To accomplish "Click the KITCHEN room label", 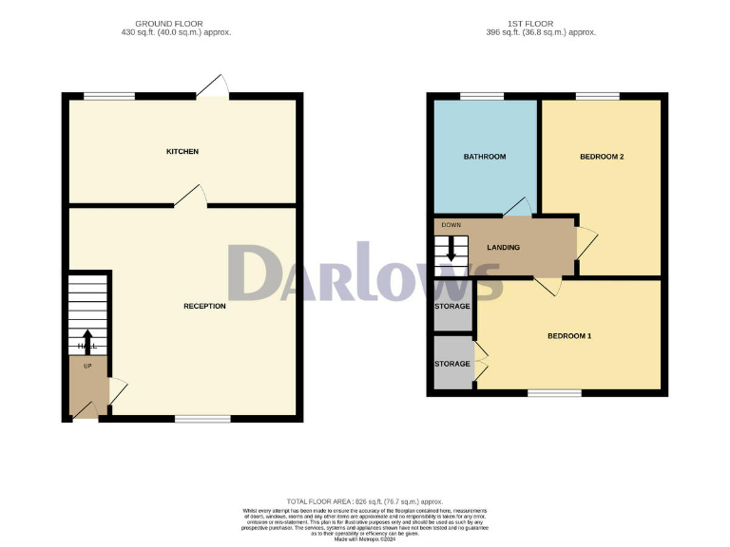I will click(x=182, y=152).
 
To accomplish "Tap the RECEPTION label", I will click(x=204, y=306).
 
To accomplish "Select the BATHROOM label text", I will click(x=485, y=157).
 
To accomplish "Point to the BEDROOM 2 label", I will click(x=602, y=157).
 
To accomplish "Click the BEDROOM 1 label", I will click(x=568, y=336).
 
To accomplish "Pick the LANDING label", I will click(x=503, y=248).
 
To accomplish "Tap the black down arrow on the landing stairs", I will click(x=451, y=251).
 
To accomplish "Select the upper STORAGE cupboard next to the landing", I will click(x=452, y=307).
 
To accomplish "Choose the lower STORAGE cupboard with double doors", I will click(x=452, y=364).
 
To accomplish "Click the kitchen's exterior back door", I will click(x=212, y=88).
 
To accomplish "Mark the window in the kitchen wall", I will click(x=108, y=96).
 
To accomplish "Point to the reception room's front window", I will click(x=202, y=418).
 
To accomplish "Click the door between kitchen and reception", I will click(x=191, y=197).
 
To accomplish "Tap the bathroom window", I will click(x=482, y=96).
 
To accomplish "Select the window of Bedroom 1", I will click(x=554, y=392).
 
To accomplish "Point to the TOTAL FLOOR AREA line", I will click(x=365, y=500).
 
